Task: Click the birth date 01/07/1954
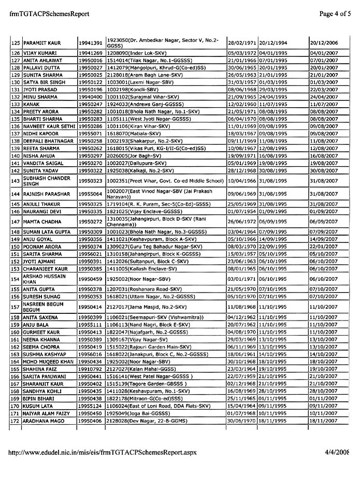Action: [241, 211]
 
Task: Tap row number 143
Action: [15, 180]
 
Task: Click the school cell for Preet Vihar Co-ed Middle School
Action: [165, 180]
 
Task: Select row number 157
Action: [15, 307]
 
